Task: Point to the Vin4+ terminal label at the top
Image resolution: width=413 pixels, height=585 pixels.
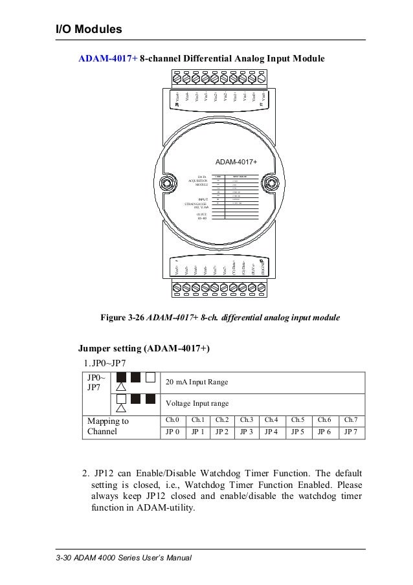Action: [x=177, y=97]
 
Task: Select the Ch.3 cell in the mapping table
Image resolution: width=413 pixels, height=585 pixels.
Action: [x=249, y=420]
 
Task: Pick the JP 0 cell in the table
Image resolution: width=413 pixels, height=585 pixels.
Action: [x=172, y=432]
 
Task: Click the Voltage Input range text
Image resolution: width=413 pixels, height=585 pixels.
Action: [x=197, y=403]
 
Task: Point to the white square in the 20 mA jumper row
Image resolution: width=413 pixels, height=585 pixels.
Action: [x=150, y=377]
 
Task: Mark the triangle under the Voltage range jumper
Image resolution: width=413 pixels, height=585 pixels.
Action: [x=121, y=409]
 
